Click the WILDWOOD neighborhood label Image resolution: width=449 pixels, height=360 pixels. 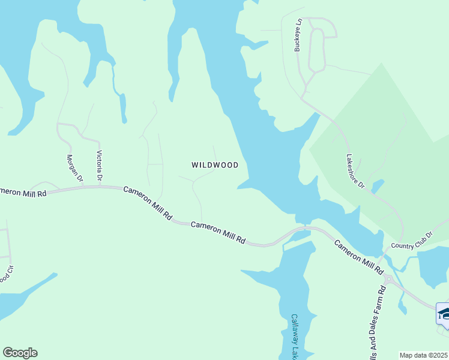215,165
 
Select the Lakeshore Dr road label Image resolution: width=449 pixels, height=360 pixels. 355,172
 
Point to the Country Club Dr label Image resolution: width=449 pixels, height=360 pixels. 412,241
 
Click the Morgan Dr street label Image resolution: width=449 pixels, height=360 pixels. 74,167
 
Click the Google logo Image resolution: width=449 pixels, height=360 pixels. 20,353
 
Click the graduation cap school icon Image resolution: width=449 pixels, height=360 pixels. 444,313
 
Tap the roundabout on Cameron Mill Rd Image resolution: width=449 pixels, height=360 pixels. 388,279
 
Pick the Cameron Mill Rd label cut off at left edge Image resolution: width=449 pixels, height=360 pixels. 23,193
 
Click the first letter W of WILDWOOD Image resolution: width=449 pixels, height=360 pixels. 195,165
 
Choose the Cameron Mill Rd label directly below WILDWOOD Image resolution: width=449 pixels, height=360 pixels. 218,232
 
